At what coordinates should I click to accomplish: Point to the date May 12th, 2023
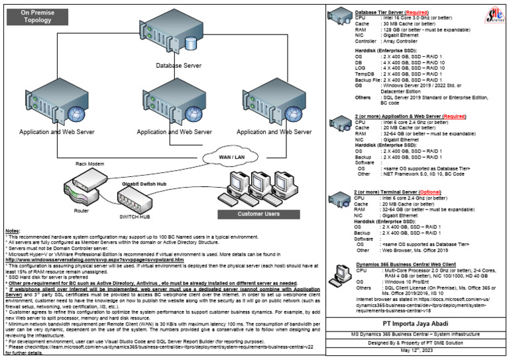[x=418, y=351]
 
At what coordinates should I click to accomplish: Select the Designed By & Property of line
[x=418, y=343]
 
